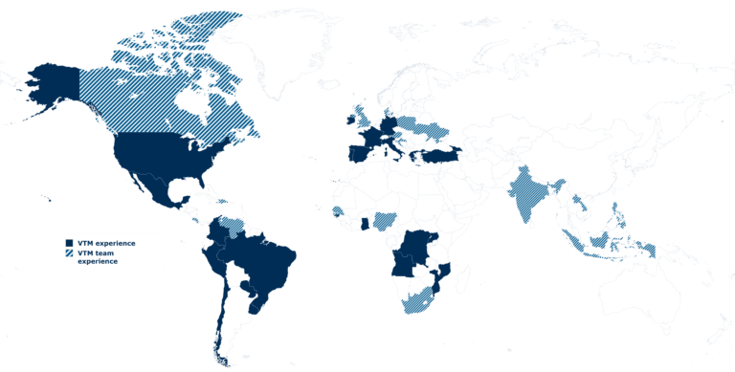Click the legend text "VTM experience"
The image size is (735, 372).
point(106,244)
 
